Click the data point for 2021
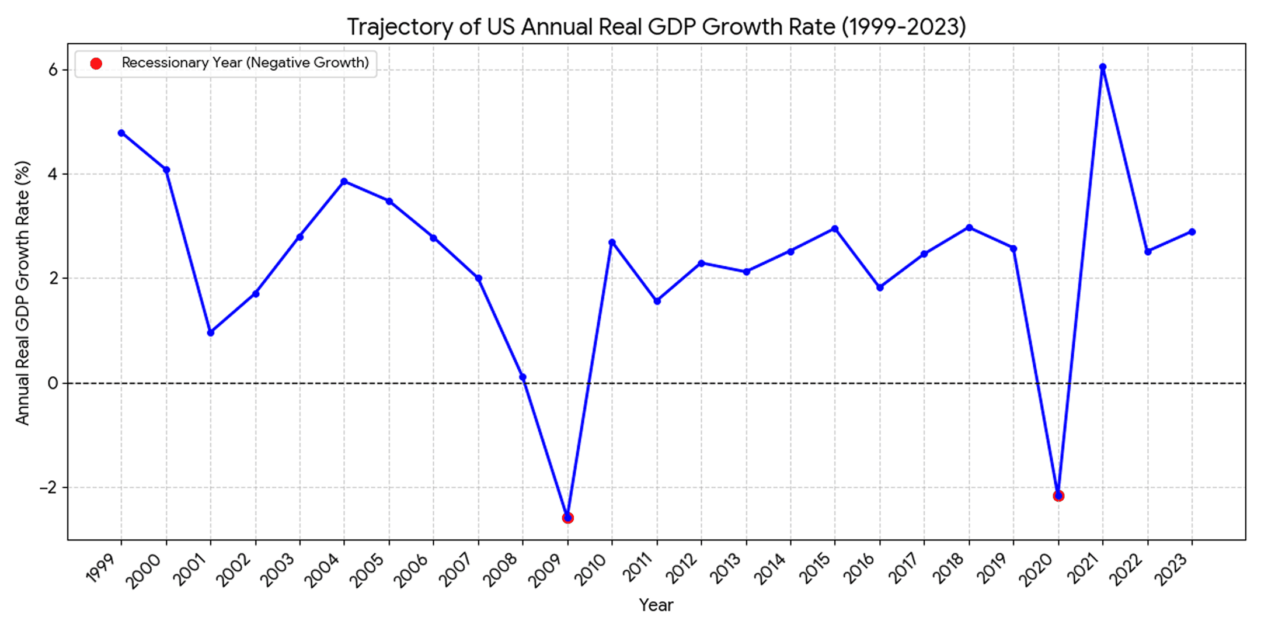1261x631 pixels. tap(1103, 67)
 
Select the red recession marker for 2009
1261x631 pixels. tap(567, 518)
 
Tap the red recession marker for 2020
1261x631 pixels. tap(1058, 496)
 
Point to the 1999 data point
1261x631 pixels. tap(121, 133)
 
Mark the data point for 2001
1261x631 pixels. tap(211, 332)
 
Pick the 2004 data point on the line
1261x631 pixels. tap(344, 182)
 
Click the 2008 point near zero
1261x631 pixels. tap(523, 377)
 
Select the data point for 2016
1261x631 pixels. tap(880, 287)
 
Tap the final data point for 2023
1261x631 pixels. tap(1192, 232)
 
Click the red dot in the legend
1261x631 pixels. tap(96, 64)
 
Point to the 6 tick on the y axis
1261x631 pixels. tap(54, 70)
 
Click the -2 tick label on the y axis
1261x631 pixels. tap(49, 487)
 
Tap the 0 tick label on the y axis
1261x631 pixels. tap(54, 383)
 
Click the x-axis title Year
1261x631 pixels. tap(656, 605)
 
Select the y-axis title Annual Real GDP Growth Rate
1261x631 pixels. tap(22, 292)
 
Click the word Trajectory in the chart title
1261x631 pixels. tap(399, 27)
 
